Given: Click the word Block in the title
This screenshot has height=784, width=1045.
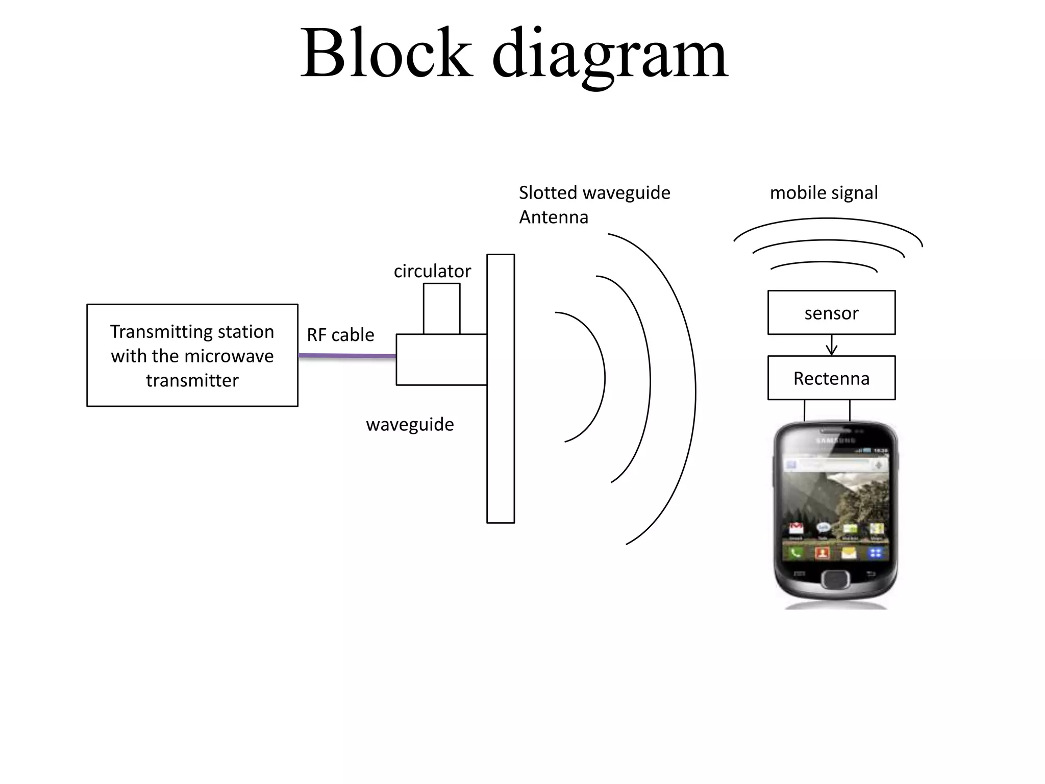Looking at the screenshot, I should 386,54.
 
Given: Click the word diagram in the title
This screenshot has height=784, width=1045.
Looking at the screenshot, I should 610,56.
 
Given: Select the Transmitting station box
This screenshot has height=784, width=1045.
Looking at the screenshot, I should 192,355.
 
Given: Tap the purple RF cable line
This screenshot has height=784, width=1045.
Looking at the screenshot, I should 347,356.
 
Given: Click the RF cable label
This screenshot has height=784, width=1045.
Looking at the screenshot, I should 340,335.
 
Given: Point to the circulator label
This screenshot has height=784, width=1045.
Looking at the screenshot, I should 432,271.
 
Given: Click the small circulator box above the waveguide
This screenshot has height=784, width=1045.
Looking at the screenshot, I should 441,309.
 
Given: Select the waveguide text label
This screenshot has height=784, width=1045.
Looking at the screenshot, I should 410,425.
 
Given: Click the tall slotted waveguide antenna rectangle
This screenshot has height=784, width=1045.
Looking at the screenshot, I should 500,388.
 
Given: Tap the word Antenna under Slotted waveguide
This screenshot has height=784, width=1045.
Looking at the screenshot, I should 554,217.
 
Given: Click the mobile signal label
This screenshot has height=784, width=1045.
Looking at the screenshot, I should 824,193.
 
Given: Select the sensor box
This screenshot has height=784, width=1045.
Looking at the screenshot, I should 831,313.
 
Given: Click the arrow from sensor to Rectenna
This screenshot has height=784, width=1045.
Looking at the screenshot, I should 832,346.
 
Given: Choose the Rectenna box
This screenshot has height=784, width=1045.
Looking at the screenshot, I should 831,378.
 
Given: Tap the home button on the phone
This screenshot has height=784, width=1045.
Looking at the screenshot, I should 835,579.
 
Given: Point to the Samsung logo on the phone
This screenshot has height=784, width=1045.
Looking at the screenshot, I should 835,440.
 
